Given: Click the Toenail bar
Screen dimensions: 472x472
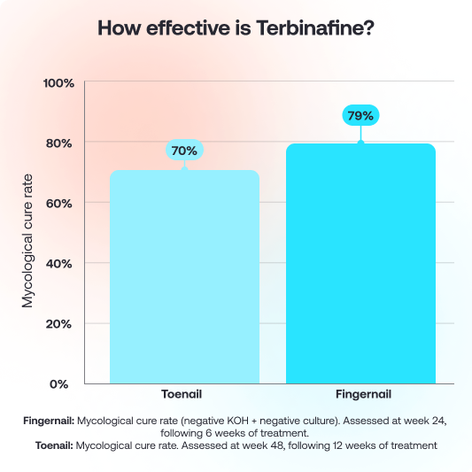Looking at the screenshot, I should tap(184, 276).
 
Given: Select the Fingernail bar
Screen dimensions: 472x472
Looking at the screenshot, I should tap(360, 263).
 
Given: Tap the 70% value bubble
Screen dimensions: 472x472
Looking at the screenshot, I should tap(184, 151).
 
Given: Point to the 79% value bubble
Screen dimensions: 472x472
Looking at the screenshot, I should tap(360, 116).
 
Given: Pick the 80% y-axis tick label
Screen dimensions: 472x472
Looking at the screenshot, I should tap(60, 143).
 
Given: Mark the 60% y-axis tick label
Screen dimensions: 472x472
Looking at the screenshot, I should tap(60, 203).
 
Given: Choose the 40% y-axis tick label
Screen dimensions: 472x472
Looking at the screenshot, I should tap(60, 263).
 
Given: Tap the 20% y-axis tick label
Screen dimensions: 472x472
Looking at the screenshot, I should tap(60, 323).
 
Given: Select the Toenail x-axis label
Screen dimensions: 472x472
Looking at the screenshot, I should tap(184, 394).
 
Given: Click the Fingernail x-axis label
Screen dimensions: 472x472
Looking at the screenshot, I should tap(360, 394).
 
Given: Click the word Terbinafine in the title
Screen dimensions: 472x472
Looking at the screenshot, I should tap(312, 27).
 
